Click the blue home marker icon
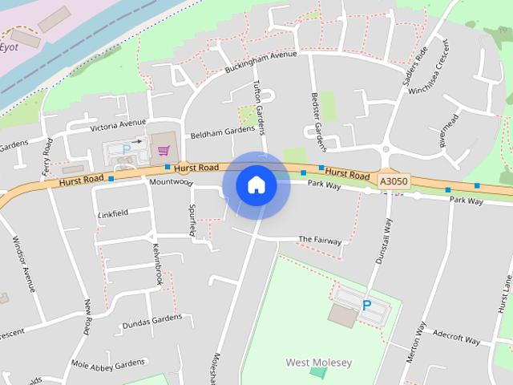coord(256,185)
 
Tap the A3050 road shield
coord(394,182)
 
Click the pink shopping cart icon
coord(164,150)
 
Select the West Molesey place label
coord(319,363)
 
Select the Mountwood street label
coord(171,182)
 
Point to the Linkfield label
coord(113,214)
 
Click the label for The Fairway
coord(320,240)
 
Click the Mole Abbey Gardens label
coord(107,365)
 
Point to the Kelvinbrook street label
coord(158,265)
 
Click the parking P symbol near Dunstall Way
coord(367,305)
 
